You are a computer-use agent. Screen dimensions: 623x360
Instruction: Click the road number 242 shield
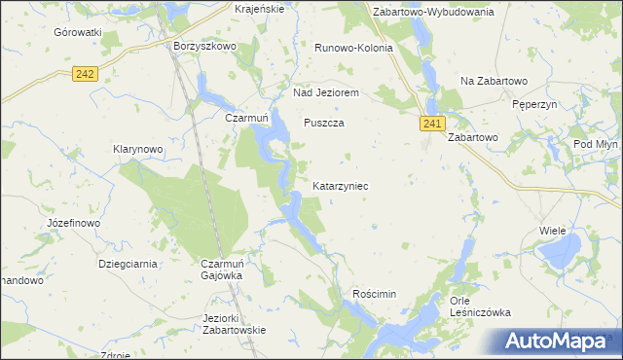click(85, 74)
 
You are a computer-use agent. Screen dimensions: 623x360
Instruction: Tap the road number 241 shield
click(433, 124)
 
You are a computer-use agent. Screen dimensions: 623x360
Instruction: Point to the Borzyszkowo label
click(204, 46)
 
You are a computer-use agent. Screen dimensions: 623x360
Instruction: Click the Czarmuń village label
click(246, 118)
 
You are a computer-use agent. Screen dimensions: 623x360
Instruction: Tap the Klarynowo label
click(136, 150)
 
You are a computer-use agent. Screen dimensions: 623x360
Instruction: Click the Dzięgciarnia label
click(128, 263)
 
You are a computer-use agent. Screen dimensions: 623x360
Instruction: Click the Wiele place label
click(552, 231)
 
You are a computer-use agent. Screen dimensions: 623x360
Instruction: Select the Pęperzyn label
click(532, 101)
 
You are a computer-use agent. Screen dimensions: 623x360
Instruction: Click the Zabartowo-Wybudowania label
click(434, 12)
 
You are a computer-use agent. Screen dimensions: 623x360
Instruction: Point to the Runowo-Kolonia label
click(353, 47)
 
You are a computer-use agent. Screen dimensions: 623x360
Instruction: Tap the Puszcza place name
click(324, 124)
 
